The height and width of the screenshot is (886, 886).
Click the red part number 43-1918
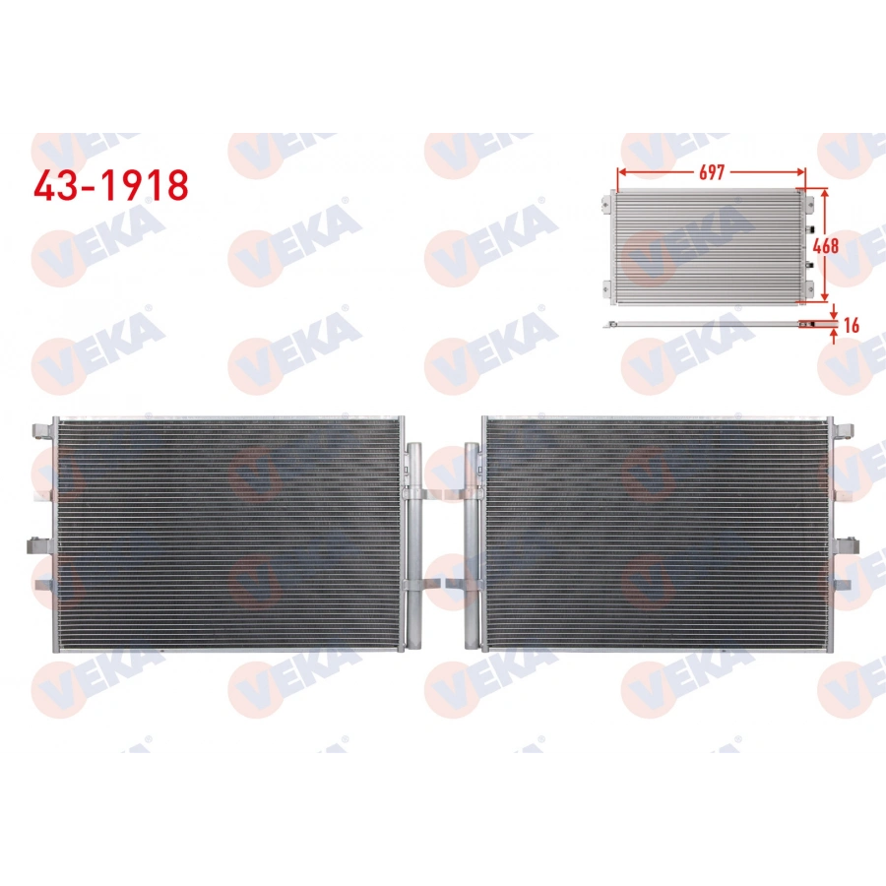110,184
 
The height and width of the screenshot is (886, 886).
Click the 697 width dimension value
711,172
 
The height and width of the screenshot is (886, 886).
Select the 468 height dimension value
826,245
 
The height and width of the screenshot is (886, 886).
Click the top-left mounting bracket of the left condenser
42,430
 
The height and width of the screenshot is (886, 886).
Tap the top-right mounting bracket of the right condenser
843,430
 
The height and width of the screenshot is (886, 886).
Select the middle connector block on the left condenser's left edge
39,543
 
